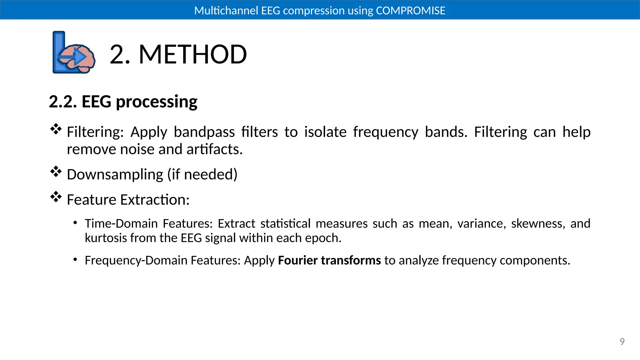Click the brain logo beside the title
[74, 52]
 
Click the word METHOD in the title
[192, 55]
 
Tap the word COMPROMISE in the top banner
[410, 11]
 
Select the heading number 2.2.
[62, 102]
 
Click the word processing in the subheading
[156, 102]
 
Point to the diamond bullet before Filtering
[56, 129]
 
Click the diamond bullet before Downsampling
[56, 172]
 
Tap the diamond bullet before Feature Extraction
[56, 197]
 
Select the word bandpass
[204, 132]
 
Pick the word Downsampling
[115, 175]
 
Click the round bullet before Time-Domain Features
[75, 223]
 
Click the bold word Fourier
[297, 260]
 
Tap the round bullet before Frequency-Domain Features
[75, 260]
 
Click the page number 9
[622, 342]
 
